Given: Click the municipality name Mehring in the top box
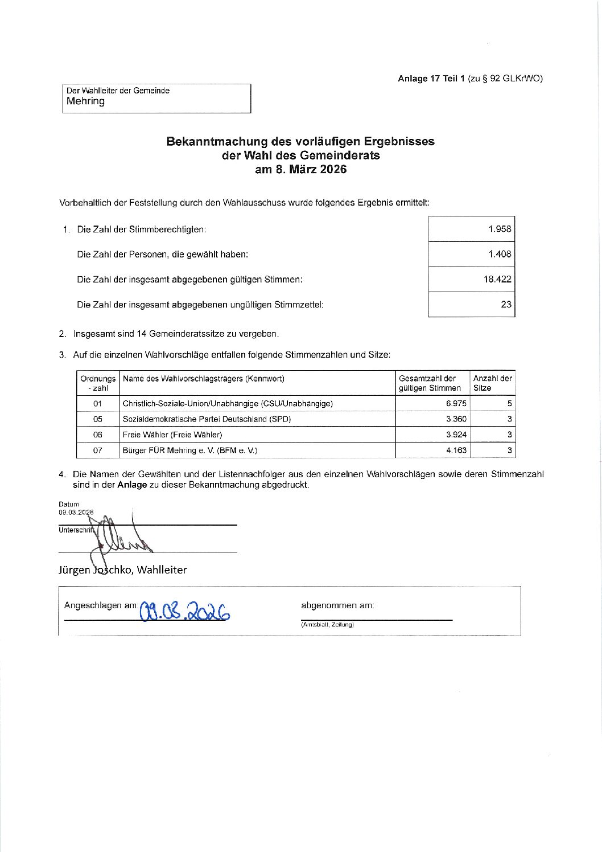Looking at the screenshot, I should pos(86,101).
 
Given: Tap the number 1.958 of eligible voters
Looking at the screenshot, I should pos(500,229).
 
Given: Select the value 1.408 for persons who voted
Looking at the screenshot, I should pos(500,254).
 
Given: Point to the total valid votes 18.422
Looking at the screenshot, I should pos(497,279).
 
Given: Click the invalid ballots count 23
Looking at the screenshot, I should pos(506,304).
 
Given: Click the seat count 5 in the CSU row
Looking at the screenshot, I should pos(510,403).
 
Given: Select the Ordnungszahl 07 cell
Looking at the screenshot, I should pos(98,450).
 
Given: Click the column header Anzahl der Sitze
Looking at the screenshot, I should pos(492,383).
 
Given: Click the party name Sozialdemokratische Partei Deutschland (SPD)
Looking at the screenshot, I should pos(207,419).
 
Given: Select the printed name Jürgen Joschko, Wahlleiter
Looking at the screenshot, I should pos(122,570).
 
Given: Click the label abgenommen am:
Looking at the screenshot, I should pos(337,605).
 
